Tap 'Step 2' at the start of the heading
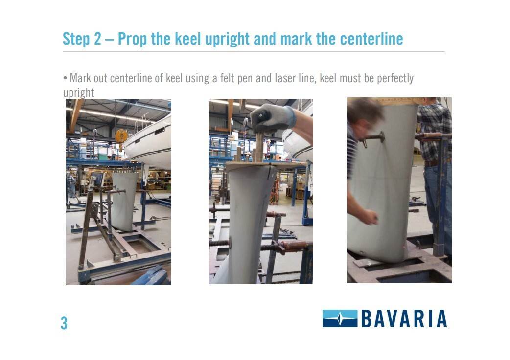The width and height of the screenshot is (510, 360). pos(82,39)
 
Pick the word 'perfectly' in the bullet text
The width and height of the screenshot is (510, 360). pos(394,78)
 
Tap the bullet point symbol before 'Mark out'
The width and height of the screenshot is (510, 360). pos(65,78)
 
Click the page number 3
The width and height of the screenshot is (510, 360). pos(64,323)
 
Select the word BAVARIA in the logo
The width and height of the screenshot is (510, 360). pos(404,318)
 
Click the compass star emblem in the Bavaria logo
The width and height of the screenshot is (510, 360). pos(340,318)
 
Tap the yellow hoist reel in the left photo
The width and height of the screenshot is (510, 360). pos(121,135)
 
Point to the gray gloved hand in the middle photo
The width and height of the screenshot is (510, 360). pos(271,118)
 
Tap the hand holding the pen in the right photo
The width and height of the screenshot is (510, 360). pos(369,215)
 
